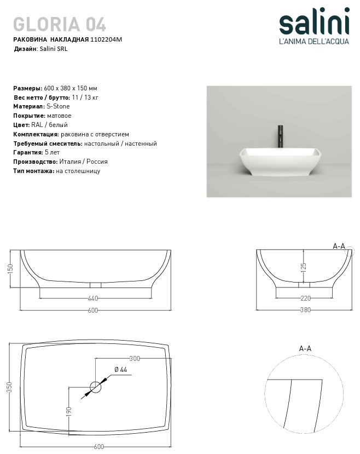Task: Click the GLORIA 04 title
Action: click(x=60, y=24)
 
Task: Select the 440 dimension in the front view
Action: click(x=92, y=298)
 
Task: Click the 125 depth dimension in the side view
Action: click(x=304, y=267)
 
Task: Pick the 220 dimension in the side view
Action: click(x=305, y=298)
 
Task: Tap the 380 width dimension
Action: click(x=305, y=310)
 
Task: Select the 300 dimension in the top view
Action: click(x=135, y=359)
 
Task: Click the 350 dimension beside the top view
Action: click(x=9, y=388)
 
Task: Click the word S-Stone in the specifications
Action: click(x=59, y=106)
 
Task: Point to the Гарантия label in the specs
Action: click(x=28, y=152)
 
